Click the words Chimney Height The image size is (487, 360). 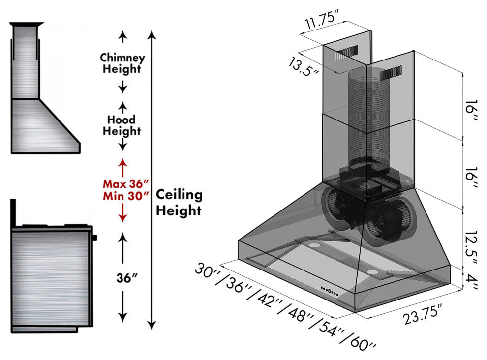122,63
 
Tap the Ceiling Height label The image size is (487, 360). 179,202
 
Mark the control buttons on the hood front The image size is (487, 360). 329,291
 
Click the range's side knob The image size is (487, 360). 94,238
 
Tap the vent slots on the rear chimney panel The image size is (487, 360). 347,52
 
